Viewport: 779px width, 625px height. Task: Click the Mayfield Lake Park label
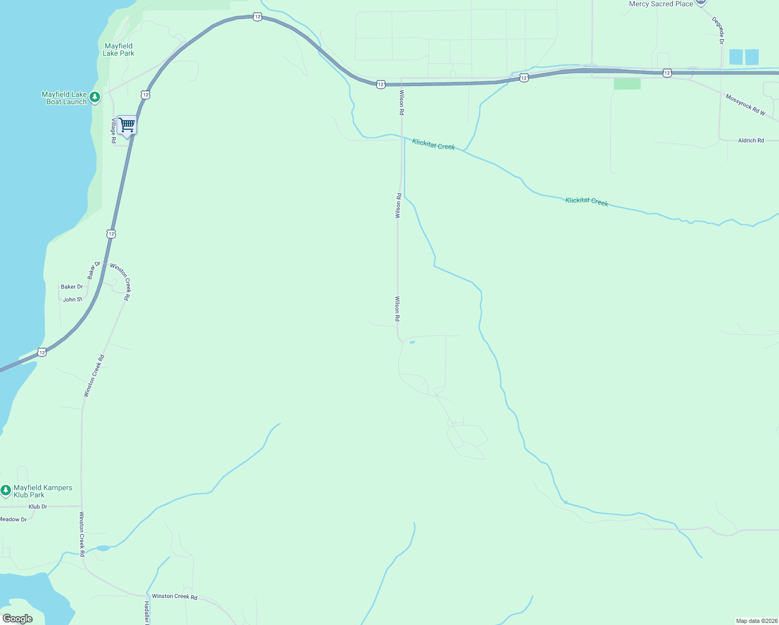coord(118,49)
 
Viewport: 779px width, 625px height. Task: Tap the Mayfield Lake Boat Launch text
coord(64,98)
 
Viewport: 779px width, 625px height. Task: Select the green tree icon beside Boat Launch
coord(95,97)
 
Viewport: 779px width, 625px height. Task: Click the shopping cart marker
coord(127,126)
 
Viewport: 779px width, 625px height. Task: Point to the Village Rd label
coord(114,131)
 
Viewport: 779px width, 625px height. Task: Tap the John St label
coord(72,299)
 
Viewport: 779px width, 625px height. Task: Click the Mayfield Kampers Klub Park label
coord(43,491)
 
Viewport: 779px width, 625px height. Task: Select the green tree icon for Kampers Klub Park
coord(6,490)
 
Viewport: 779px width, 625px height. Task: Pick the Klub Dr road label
coord(37,506)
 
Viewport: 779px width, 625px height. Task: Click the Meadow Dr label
coord(13,519)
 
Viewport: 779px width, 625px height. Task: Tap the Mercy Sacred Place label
coord(661,4)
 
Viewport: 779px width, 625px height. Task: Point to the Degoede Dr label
coord(718,31)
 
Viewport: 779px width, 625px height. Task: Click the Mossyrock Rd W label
coord(745,105)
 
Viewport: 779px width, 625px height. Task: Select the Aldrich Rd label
coord(751,141)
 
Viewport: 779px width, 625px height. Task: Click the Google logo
coord(18,619)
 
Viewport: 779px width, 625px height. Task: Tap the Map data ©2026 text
coord(757,621)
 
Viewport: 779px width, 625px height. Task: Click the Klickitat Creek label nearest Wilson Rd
coord(433,144)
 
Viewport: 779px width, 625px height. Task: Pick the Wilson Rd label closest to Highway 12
coord(401,102)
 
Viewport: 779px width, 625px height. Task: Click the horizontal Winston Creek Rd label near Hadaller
coord(174,596)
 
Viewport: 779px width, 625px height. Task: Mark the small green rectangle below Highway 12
coord(627,84)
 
